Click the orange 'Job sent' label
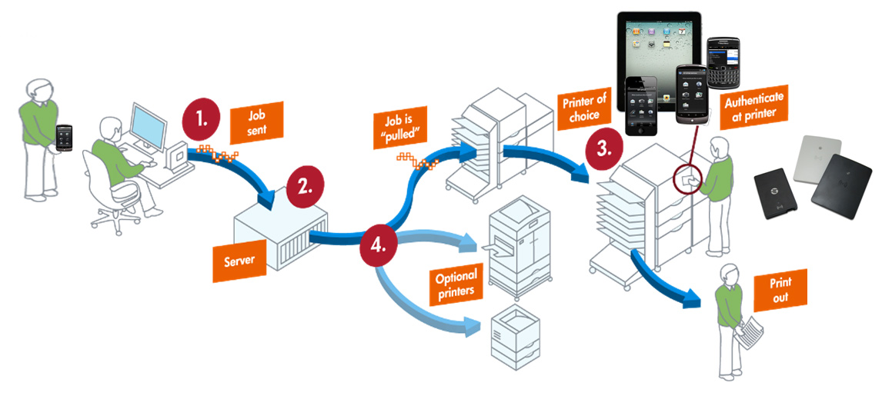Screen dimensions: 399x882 point(257,121)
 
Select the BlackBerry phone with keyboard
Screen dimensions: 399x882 point(728,65)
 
